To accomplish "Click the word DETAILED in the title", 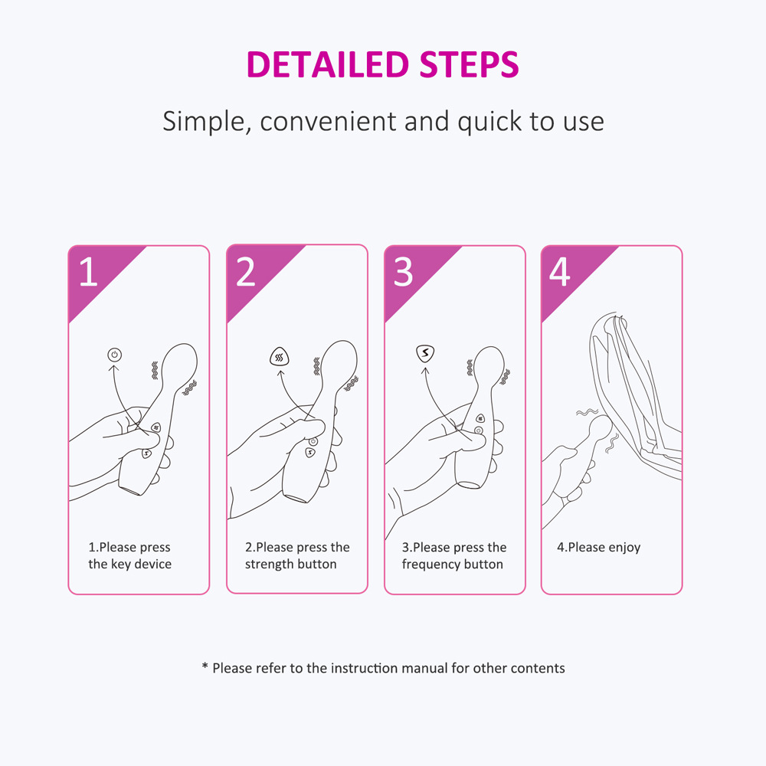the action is pos(328,64).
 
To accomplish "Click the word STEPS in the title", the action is pos(469,64).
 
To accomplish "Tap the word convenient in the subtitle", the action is pos(328,122).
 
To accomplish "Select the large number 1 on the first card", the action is pos(88,272).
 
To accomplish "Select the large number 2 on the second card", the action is pos(246,272).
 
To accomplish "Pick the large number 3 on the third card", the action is pos(404,272).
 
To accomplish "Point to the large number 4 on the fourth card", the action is pos(560,272).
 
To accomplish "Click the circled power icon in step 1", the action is pos(115,355).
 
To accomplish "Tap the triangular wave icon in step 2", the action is pos(280,358).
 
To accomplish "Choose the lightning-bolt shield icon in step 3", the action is pos(425,353).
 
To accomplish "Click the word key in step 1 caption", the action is pos(121,565).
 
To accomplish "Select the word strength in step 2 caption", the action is pos(267,565).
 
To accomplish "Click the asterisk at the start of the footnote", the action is pos(205,666).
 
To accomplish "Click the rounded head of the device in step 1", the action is pos(181,362).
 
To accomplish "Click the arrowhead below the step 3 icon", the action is pos(425,372).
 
